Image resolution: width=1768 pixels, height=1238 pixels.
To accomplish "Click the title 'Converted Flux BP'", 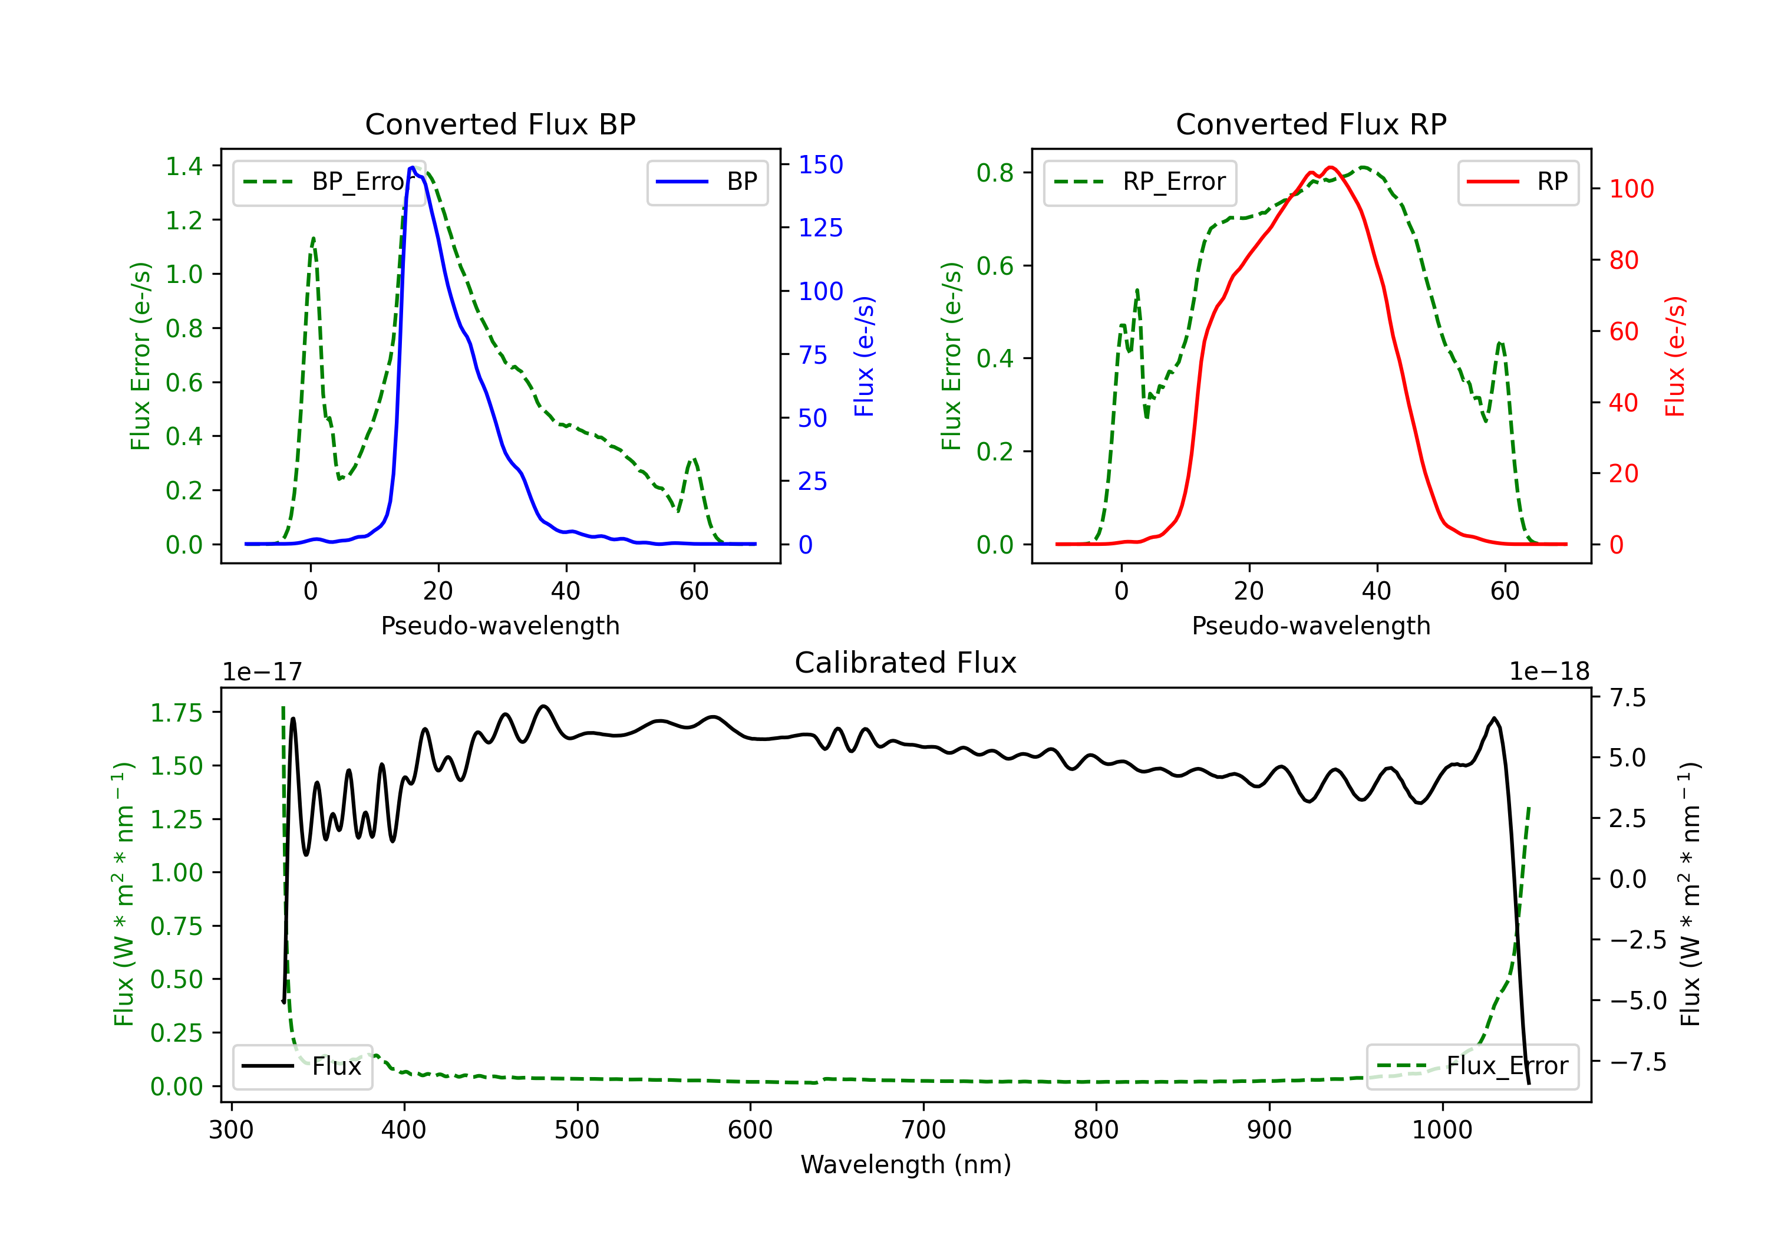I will point(500,124).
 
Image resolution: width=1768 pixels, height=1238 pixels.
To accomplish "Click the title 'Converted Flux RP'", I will point(1311,124).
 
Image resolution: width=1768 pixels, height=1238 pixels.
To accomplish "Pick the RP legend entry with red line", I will point(1518,182).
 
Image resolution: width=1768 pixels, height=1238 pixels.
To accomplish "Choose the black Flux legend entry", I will point(302,1066).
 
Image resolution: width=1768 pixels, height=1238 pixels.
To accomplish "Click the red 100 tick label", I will point(1631,189).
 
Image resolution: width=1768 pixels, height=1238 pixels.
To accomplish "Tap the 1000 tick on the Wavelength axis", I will point(1442,1130).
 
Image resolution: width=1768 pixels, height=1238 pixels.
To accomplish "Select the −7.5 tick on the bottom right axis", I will point(1637,1062).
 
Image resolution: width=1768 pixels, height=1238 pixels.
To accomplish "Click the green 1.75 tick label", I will point(176,713).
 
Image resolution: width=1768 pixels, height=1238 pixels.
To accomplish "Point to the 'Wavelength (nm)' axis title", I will point(906,1164).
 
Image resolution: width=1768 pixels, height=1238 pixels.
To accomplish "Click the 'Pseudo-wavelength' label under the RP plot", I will point(1311,625).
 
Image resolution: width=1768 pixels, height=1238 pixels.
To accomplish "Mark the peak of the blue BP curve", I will point(412,168).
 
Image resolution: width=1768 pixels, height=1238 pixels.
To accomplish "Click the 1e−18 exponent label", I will point(1549,672).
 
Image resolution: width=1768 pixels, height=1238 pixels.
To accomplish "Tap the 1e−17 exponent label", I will point(262,672).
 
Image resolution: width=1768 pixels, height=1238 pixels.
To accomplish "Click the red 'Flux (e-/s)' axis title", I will point(1675,356).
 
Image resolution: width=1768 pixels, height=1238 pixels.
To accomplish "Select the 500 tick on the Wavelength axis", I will point(577,1130).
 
